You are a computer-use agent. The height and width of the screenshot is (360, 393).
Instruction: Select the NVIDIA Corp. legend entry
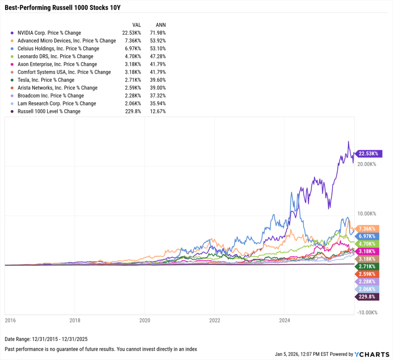click(49, 33)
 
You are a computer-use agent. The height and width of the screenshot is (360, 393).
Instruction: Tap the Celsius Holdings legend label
click(58, 49)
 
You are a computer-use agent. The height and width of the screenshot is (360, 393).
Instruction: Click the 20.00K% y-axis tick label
click(367, 164)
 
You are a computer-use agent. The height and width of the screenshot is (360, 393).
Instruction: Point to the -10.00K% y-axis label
click(367, 312)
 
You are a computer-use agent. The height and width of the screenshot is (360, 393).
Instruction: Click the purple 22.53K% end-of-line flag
click(368, 154)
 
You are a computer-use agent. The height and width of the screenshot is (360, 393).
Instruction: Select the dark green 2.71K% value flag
click(368, 266)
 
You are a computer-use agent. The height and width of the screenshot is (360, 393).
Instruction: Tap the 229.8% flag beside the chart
click(368, 297)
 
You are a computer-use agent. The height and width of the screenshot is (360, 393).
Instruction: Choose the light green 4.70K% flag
click(368, 243)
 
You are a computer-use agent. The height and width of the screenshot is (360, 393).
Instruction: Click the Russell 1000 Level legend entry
click(49, 111)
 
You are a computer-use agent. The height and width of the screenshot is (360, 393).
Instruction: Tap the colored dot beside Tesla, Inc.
click(13, 80)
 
